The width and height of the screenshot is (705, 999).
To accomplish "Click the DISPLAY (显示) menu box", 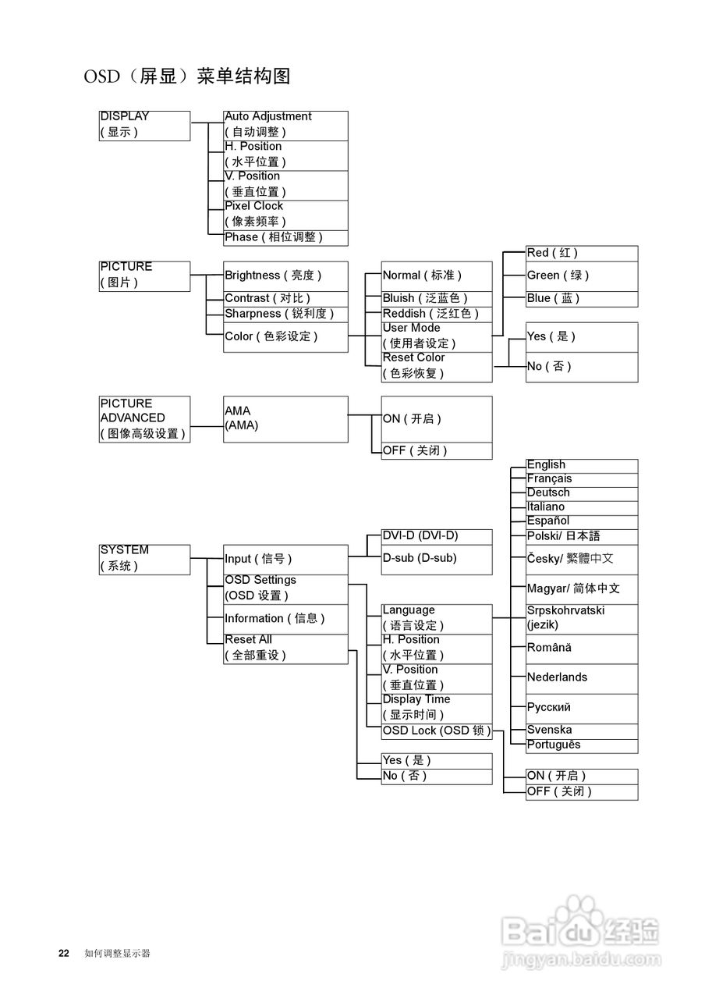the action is point(144,126).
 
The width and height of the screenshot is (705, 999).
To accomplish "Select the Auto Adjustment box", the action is point(285,126).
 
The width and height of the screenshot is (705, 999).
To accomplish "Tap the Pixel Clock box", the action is point(285,215).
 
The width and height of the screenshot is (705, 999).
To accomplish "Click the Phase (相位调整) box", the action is point(285,238).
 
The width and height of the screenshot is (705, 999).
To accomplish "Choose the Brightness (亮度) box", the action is point(285,276).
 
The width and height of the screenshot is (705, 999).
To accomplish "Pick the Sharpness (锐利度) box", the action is point(285,315).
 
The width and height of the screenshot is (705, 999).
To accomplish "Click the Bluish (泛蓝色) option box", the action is point(437,299).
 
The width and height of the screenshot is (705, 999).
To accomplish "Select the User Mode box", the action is point(437,337).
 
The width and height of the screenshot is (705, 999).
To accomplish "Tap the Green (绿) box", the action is point(582,276).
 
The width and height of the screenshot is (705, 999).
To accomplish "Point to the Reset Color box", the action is point(437,367).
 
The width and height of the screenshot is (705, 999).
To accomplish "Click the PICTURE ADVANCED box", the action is point(144,419).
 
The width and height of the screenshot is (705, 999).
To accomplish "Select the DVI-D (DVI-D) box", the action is point(437,537).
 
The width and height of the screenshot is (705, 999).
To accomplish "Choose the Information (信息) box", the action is point(285,619).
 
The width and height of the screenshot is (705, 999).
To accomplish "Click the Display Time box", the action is point(437,709).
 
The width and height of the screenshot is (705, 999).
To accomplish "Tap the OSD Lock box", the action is point(437,731).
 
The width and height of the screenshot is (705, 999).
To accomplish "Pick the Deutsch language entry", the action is point(582,494).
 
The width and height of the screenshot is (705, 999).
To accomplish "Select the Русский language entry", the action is point(582,709).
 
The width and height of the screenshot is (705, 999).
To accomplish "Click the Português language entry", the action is point(582,746).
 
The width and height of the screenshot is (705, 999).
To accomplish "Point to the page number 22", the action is point(64,953).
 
